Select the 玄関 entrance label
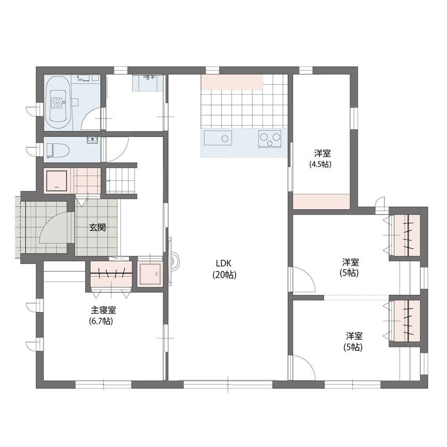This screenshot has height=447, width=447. (x=97, y=227)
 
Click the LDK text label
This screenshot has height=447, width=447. (x=223, y=263)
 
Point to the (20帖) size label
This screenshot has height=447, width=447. (x=223, y=275)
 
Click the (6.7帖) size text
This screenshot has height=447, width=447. (x=101, y=321)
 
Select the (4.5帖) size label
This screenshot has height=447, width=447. (x=320, y=164)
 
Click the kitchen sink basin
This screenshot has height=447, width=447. (x=218, y=140)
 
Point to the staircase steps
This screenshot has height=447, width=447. (x=122, y=181)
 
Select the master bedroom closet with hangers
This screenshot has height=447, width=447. (x=111, y=274)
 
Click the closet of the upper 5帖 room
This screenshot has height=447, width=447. (x=407, y=235)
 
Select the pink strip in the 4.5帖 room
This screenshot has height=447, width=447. (x=321, y=202)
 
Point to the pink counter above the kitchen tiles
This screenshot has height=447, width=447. (x=232, y=82)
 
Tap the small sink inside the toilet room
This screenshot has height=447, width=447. (x=93, y=140)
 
